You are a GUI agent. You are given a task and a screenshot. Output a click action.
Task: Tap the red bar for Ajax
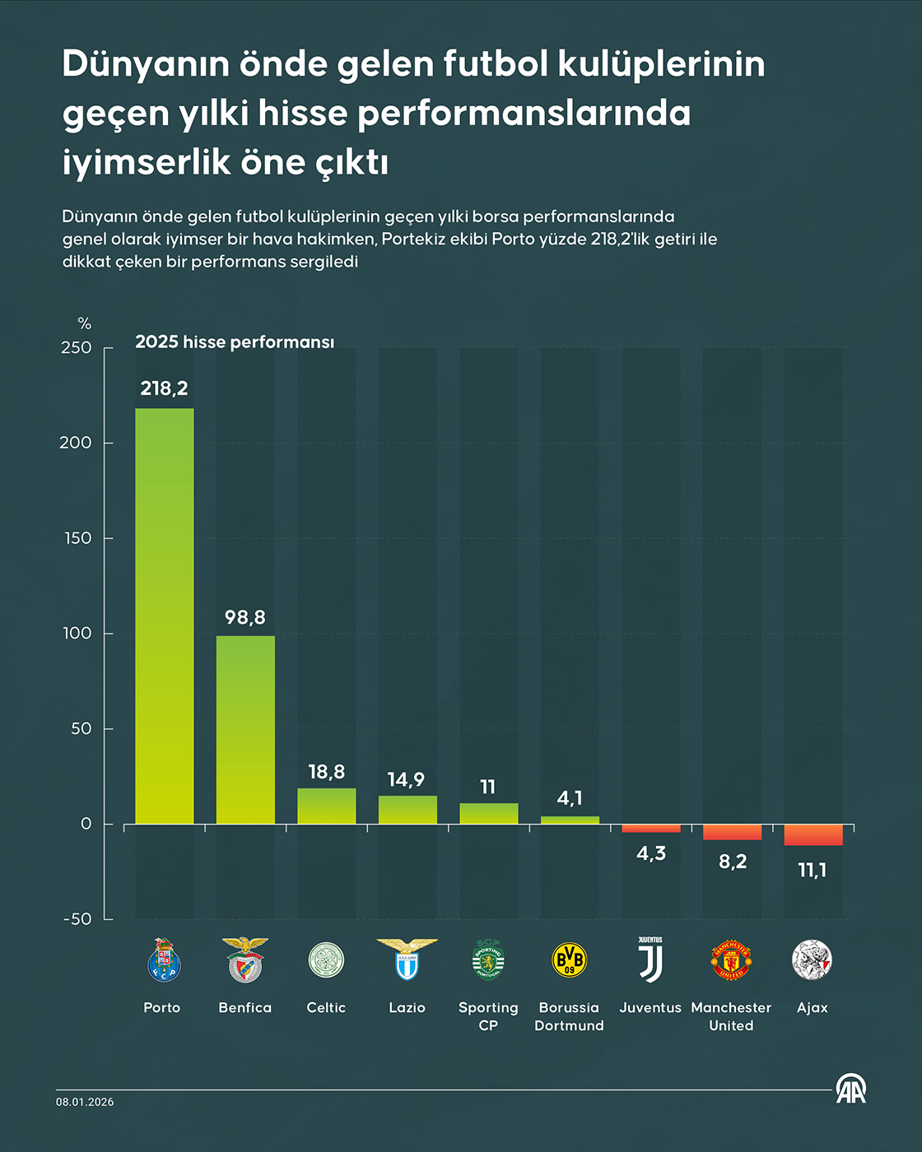(813, 834)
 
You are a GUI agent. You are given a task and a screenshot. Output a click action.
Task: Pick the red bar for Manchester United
(732, 831)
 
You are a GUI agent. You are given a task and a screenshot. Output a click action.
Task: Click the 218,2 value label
(165, 388)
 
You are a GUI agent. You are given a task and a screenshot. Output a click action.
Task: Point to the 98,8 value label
(245, 617)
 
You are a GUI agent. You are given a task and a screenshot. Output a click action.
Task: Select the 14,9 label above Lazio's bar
(407, 779)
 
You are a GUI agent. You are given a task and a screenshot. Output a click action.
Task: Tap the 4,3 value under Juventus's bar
(651, 853)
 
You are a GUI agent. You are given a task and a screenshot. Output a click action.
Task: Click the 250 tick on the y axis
(77, 348)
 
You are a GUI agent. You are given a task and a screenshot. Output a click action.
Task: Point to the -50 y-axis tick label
(77, 919)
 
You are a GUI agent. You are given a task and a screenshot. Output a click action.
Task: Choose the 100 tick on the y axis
(77, 634)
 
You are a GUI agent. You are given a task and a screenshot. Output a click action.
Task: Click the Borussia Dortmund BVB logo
(570, 959)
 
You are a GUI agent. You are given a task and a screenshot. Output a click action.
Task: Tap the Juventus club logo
(650, 959)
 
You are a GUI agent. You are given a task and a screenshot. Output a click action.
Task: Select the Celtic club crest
(326, 959)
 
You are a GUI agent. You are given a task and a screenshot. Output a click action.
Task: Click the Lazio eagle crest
(407, 959)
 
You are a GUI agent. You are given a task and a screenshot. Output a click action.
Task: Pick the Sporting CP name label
(488, 1016)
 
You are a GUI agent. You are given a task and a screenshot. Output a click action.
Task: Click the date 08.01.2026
(85, 1102)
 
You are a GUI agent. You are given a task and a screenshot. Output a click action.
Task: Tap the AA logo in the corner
(851, 1089)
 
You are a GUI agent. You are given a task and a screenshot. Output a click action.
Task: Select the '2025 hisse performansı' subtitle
(235, 342)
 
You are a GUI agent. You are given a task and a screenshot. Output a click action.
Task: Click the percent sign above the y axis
(84, 323)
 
